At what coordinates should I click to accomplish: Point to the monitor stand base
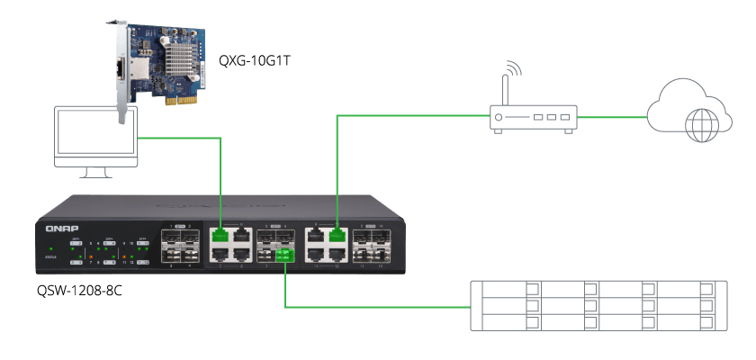(94, 171)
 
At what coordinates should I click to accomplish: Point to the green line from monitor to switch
(180, 138)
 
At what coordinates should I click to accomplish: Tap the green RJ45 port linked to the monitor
(220, 237)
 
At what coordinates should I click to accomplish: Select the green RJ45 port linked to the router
(337, 237)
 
